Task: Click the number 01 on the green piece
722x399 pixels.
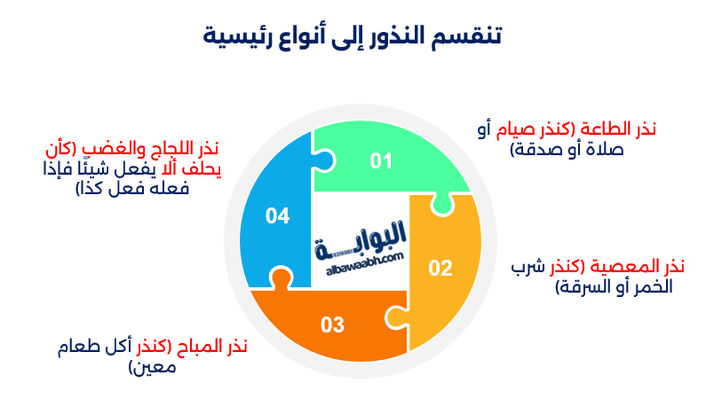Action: [x=381, y=160]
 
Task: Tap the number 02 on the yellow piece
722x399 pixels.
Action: [x=440, y=269]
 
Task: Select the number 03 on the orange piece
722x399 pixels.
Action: [x=332, y=325]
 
